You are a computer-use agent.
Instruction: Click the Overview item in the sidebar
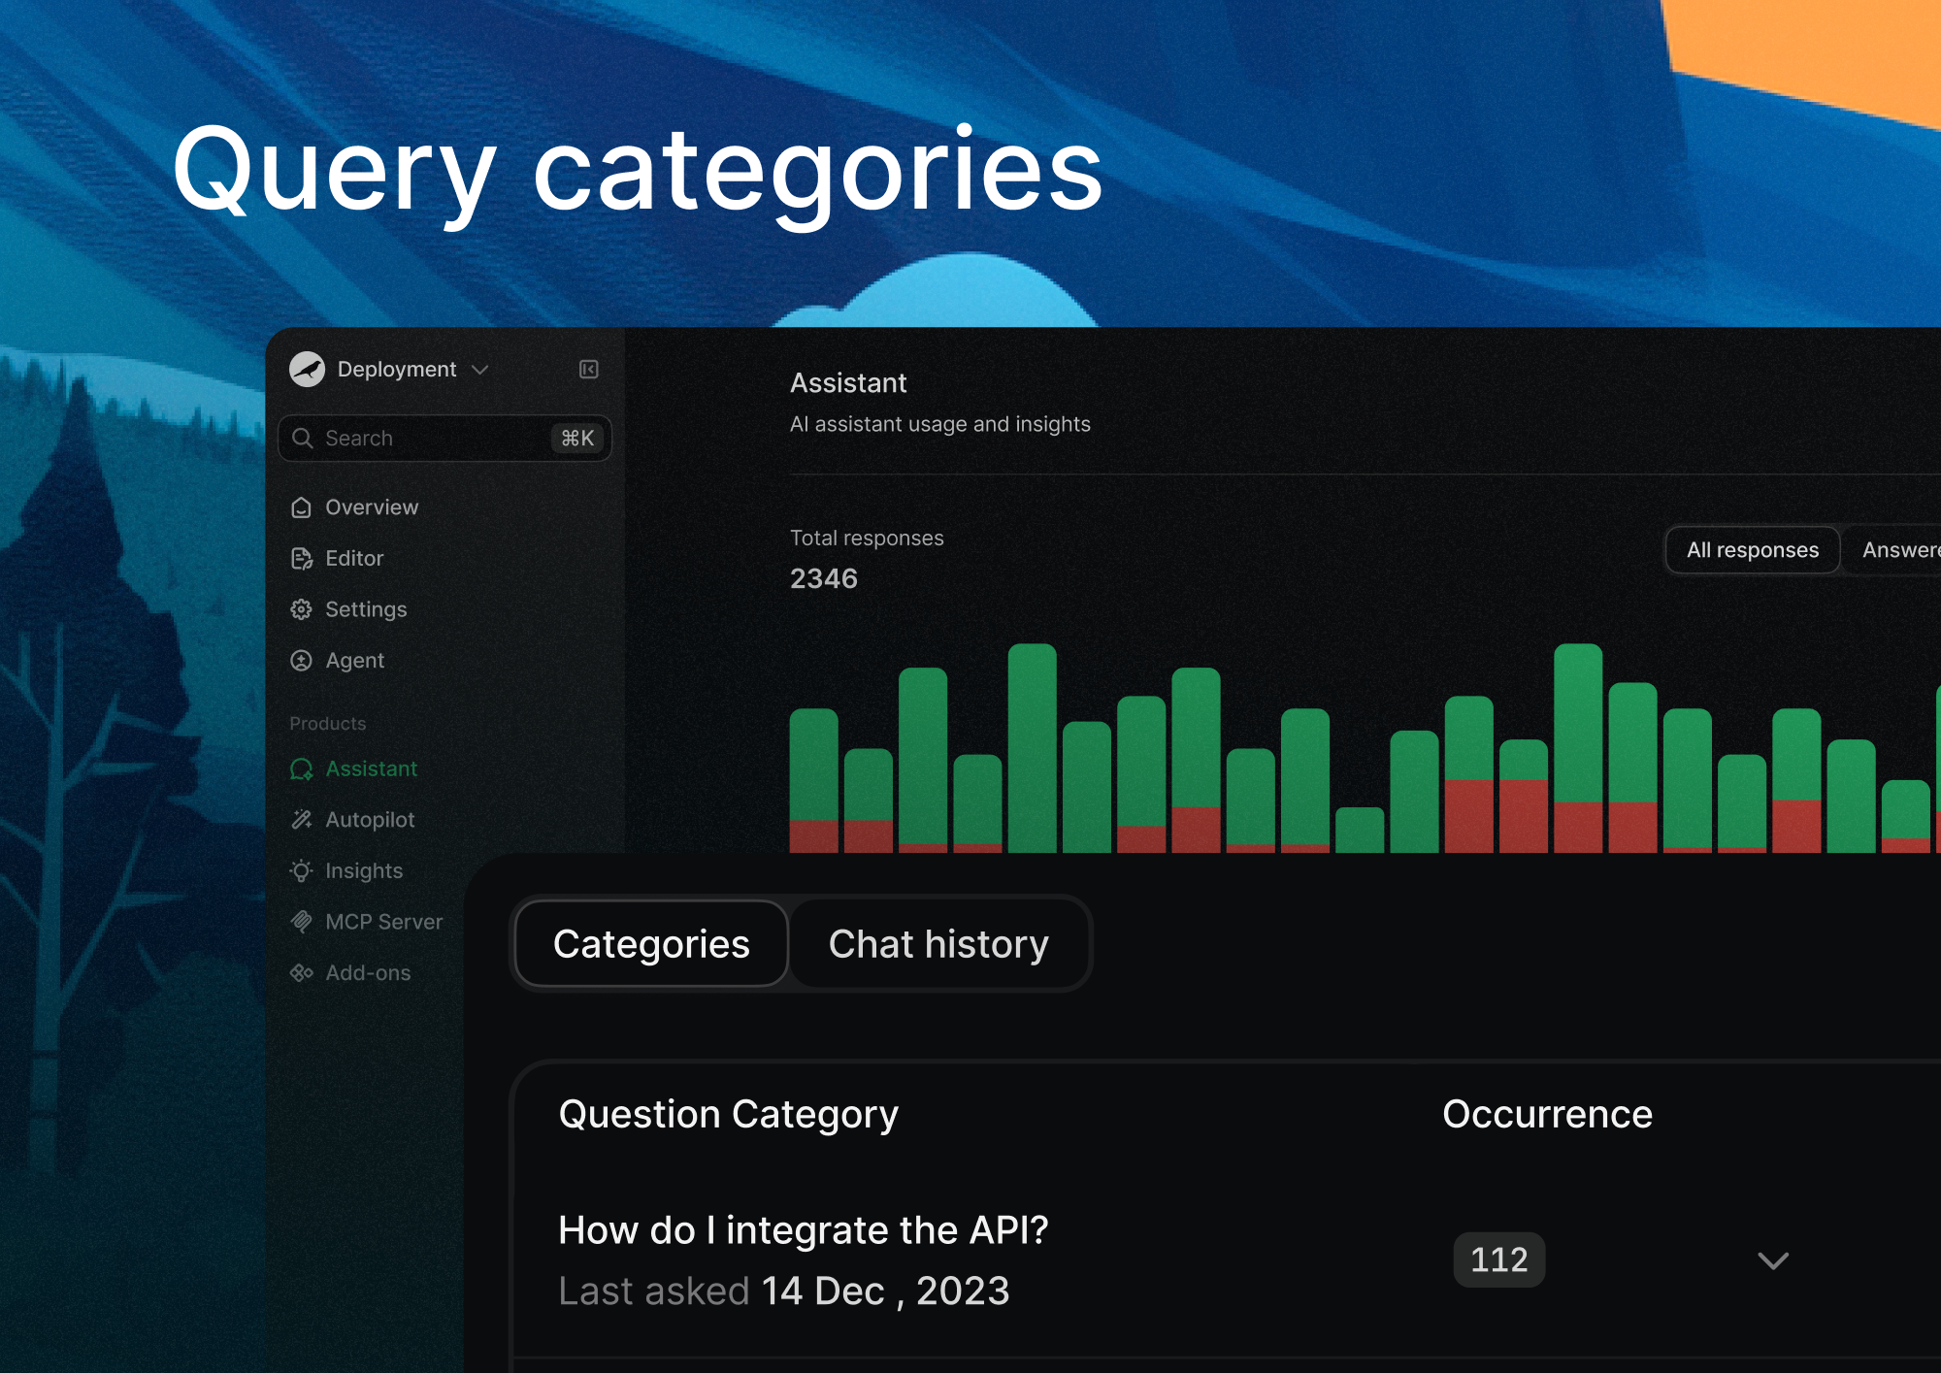pos(371,507)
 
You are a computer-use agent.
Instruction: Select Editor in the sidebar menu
pos(353,559)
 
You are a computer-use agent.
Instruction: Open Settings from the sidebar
pos(365,609)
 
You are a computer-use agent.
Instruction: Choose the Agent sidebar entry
pos(354,661)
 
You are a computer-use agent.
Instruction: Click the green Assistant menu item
pos(371,769)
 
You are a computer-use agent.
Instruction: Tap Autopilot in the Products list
pos(369,820)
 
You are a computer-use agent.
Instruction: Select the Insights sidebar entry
pos(363,871)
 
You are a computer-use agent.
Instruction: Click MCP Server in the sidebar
pos(383,922)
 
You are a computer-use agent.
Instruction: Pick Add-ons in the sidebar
pos(367,973)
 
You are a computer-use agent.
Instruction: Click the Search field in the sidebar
pos(417,439)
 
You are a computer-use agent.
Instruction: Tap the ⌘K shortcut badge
pos(577,439)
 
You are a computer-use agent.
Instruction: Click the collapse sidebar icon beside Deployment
pos(589,370)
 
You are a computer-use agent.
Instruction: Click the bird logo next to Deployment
pos(308,370)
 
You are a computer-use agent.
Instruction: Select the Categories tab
pos(651,944)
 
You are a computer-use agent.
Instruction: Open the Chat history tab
pos(938,944)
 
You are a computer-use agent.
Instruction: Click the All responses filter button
pos(1752,550)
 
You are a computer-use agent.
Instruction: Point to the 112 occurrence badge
pos(1498,1259)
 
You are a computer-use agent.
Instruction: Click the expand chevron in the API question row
pos(1773,1260)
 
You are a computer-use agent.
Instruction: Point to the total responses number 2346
pos(824,579)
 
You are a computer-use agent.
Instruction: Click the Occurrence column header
pos(1547,1115)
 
